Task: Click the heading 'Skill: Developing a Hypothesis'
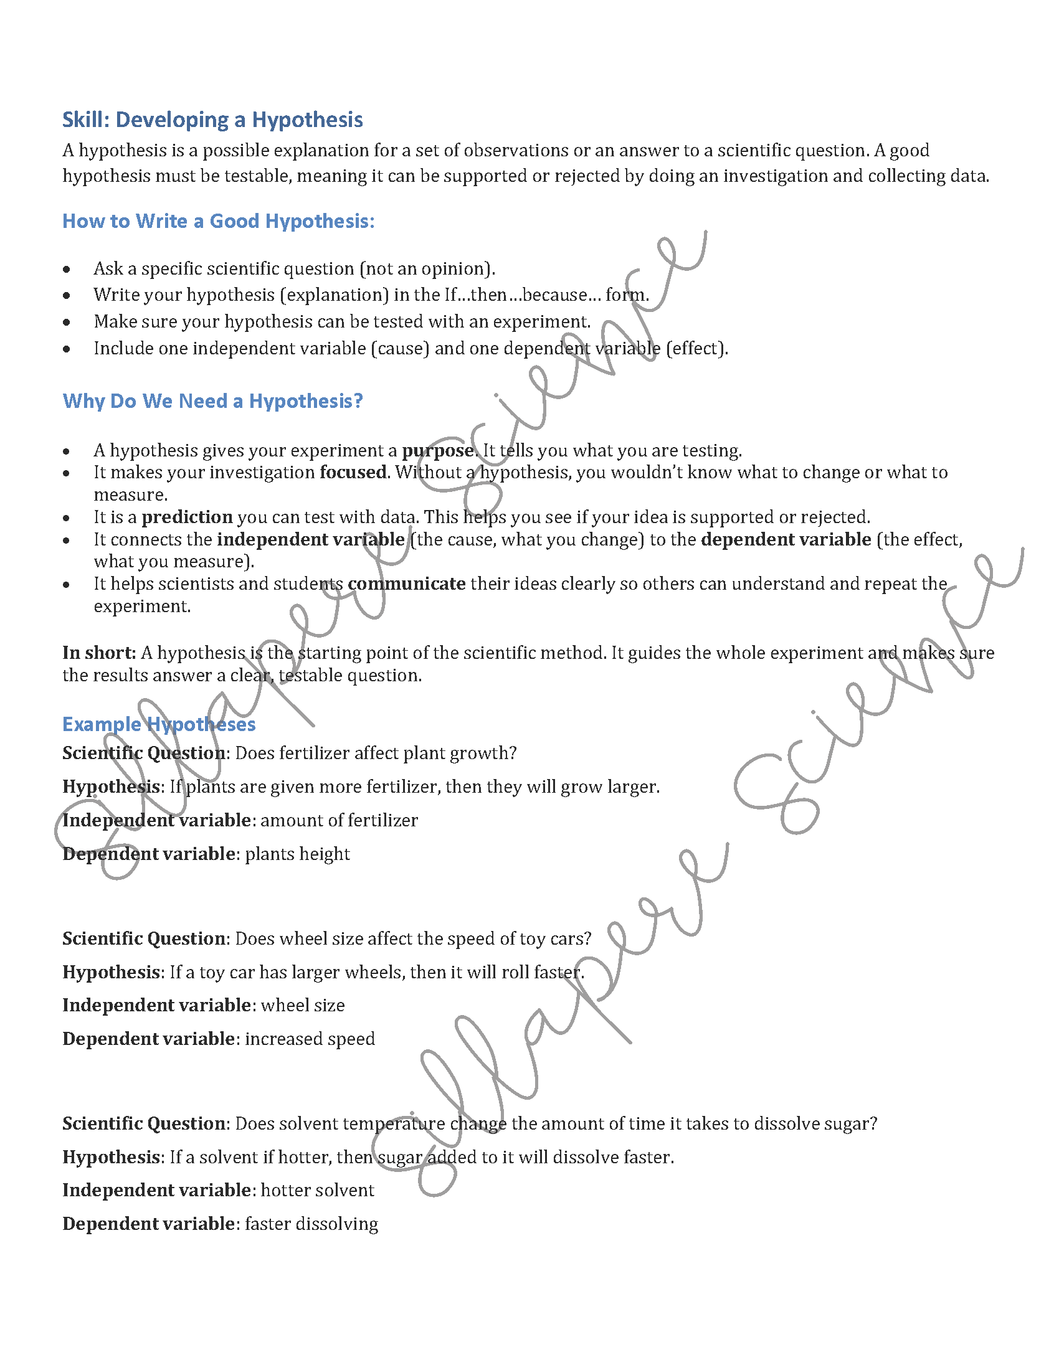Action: click(x=212, y=119)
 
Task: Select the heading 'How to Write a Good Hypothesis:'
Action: click(x=218, y=221)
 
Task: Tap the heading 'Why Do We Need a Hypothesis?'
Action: click(x=212, y=401)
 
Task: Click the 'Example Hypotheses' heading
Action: click(x=159, y=724)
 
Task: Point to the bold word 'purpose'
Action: click(x=437, y=450)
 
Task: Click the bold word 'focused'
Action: click(x=353, y=472)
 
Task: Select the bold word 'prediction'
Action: click(x=187, y=517)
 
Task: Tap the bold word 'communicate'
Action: click(x=407, y=583)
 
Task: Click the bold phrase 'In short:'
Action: click(x=99, y=653)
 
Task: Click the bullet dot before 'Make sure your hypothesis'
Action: click(x=67, y=323)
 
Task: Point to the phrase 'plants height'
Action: click(x=297, y=854)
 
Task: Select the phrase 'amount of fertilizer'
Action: click(x=339, y=820)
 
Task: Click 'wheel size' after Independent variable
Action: click(x=302, y=1005)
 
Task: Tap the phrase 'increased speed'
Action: click(x=310, y=1039)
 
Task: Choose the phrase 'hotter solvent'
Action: click(x=318, y=1190)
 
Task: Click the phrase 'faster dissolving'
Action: click(x=312, y=1224)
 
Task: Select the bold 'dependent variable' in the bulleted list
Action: click(x=786, y=539)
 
